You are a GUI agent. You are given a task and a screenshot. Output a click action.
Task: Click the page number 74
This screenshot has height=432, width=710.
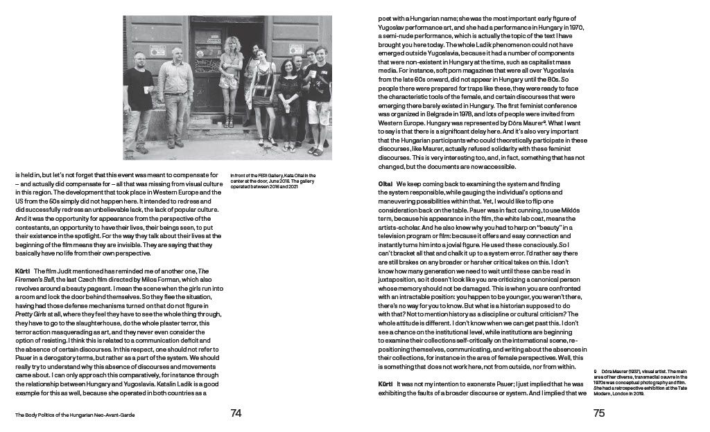click(x=236, y=413)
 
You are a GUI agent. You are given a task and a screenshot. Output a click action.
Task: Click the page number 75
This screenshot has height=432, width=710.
click(x=600, y=413)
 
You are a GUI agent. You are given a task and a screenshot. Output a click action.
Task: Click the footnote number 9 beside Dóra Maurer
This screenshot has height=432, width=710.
click(x=596, y=372)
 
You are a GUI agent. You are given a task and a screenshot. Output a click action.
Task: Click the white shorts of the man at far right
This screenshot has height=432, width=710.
click(x=317, y=111)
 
